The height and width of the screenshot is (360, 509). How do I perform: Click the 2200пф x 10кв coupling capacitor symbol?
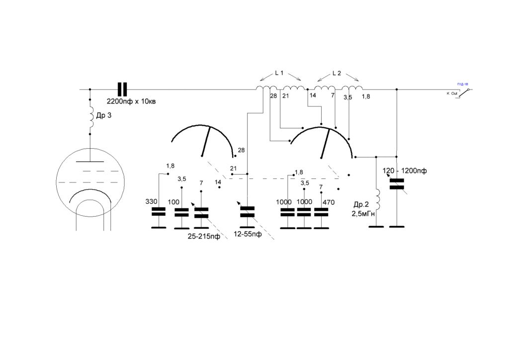122,90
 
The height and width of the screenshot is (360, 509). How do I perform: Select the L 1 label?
279,73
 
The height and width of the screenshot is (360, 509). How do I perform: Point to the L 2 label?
337,73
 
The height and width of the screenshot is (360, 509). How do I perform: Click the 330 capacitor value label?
151,202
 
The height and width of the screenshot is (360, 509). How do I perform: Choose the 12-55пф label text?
248,235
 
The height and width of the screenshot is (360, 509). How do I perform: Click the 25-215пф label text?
204,237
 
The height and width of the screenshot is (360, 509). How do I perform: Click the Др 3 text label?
104,116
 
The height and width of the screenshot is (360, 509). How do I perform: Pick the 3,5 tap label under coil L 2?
347,97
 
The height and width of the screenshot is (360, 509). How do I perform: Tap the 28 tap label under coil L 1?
273,96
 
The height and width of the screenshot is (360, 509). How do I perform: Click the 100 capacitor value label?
174,202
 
